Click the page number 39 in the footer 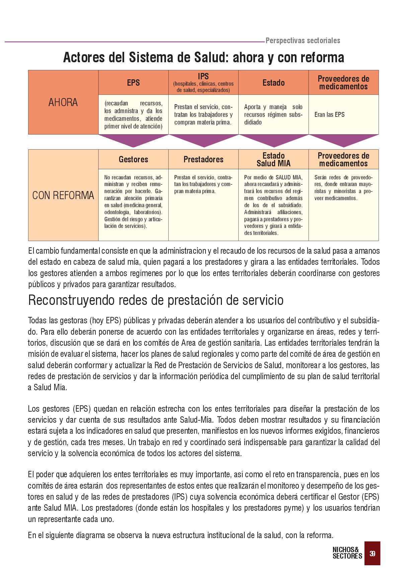tap(372, 554)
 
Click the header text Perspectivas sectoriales tap(303, 40)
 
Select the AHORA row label tap(63, 102)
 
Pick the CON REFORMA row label tap(63, 195)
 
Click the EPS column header tap(133, 83)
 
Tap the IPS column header tap(203, 83)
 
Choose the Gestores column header tap(133, 159)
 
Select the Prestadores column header tap(203, 159)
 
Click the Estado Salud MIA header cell tap(273, 159)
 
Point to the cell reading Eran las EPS tap(329, 114)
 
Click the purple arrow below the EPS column tap(133, 140)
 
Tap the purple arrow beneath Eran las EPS tap(343, 140)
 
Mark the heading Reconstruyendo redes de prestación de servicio tap(156, 300)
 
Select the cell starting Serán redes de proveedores tap(343, 188)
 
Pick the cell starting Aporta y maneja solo tap(273, 114)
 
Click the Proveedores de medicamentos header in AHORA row tap(343, 83)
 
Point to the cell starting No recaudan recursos tap(133, 201)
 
